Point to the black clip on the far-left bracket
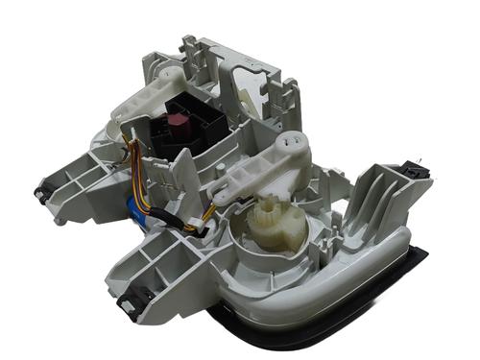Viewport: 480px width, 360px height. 42,193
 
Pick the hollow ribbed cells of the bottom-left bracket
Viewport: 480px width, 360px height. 154,264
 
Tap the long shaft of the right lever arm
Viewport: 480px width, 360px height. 254,173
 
